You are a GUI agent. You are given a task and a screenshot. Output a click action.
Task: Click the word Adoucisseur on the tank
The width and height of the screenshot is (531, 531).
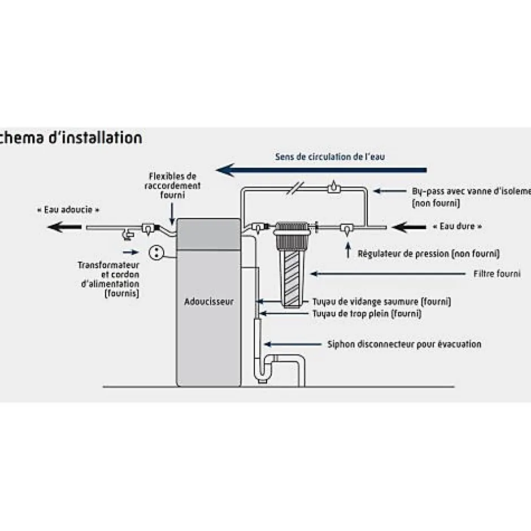pos(208,302)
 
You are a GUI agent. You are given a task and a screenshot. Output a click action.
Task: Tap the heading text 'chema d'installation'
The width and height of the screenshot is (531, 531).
pos(71,137)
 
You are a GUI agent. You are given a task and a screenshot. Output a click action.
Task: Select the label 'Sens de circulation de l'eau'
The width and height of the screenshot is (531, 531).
pos(330,156)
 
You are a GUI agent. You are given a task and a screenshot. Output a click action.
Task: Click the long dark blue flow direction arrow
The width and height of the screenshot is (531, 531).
pos(322,169)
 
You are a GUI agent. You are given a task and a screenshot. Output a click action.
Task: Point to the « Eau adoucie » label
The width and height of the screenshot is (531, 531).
pos(72,210)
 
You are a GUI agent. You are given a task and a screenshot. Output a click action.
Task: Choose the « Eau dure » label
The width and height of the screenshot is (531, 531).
pos(458,226)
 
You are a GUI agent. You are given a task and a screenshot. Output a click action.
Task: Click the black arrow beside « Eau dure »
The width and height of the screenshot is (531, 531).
pos(410,228)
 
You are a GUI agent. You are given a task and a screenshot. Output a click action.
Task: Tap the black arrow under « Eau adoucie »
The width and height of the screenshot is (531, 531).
pos(63,228)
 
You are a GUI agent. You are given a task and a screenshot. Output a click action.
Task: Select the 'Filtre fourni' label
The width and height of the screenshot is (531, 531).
pos(497,274)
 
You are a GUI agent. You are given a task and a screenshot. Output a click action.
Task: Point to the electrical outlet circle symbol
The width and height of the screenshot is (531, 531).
pos(155,253)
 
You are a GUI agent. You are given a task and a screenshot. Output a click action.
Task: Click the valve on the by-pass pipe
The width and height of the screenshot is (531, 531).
pos(334,187)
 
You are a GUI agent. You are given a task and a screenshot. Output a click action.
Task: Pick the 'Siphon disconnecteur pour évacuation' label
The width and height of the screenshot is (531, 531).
pos(404,343)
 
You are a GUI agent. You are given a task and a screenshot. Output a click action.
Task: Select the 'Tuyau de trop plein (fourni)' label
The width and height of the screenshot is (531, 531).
pos(367,314)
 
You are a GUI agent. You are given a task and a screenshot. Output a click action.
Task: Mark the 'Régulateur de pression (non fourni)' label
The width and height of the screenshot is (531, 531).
pos(429,254)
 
